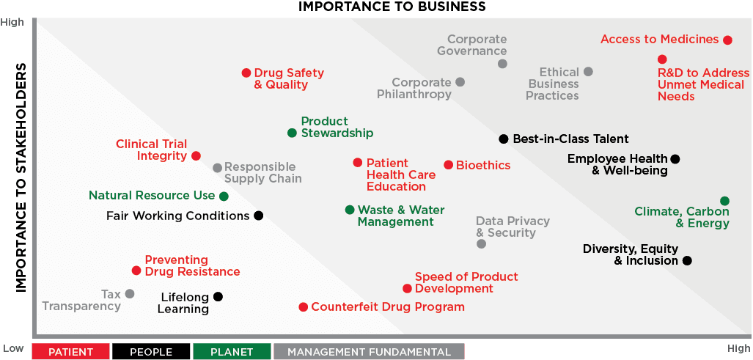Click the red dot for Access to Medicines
[x=727, y=40]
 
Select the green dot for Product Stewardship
[x=292, y=133]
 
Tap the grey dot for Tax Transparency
[x=130, y=293]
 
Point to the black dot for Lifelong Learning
[x=218, y=297]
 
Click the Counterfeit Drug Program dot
[x=303, y=306]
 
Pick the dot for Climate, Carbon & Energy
[x=724, y=201]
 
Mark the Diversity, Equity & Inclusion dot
[x=687, y=260]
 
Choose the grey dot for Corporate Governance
[x=502, y=63]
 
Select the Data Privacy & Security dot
[x=481, y=244]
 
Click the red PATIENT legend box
[x=71, y=351]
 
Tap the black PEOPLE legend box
[x=152, y=351]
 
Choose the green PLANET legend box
[x=232, y=351]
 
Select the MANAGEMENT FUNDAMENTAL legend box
[x=370, y=351]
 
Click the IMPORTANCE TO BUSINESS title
[x=392, y=7]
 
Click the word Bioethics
[x=483, y=165]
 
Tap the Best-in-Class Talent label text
[x=571, y=139]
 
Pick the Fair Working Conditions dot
[x=258, y=216]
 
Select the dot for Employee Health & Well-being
[x=675, y=159]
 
